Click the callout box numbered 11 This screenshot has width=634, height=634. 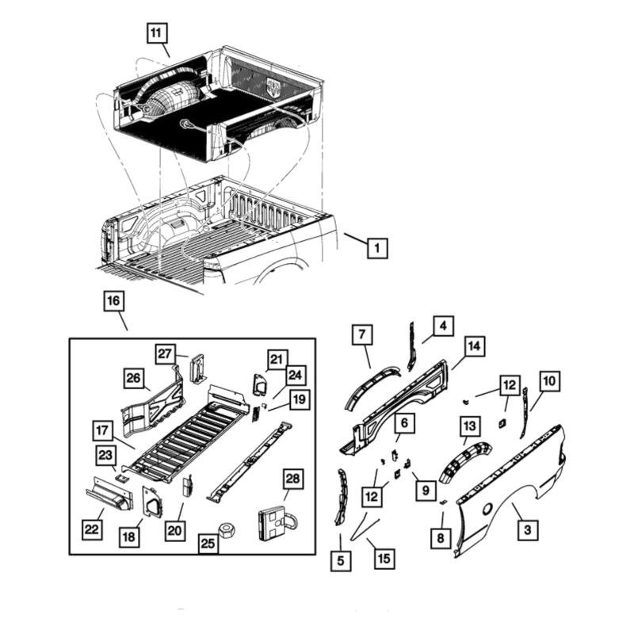[156, 33]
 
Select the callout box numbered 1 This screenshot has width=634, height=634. [377, 248]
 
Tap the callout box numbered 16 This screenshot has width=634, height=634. [113, 301]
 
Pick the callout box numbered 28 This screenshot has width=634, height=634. [292, 479]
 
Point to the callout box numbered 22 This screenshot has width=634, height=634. [94, 528]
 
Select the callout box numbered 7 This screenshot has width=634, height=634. [362, 335]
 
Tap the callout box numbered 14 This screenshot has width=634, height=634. [474, 346]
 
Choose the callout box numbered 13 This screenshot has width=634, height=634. [471, 427]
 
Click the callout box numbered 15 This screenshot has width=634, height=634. [384, 559]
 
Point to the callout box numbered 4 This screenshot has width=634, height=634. [443, 325]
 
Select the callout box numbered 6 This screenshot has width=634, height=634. [403, 424]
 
